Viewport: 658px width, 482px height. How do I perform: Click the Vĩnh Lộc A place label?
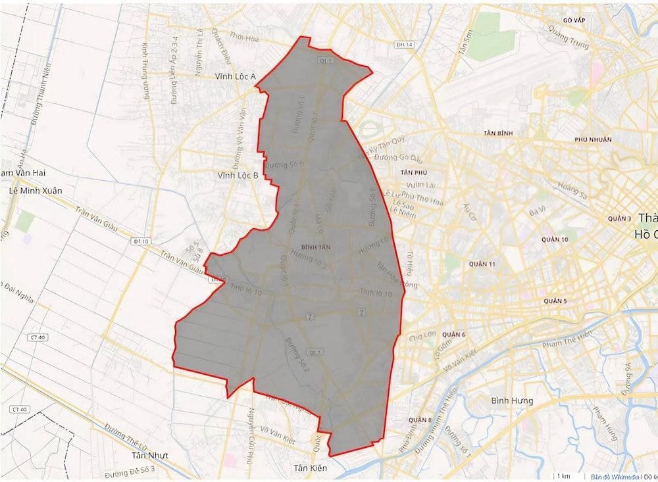(x=235, y=77)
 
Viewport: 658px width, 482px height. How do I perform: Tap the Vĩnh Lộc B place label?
(x=238, y=176)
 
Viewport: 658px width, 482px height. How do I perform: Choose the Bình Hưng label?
(x=513, y=400)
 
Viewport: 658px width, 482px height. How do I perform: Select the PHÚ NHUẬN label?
(x=592, y=139)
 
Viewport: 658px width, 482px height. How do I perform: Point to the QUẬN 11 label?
(x=482, y=264)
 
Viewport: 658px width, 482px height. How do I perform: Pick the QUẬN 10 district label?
(x=554, y=239)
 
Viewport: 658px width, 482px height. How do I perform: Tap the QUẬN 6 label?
(x=455, y=335)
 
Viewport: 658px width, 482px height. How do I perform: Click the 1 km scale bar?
(x=563, y=475)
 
